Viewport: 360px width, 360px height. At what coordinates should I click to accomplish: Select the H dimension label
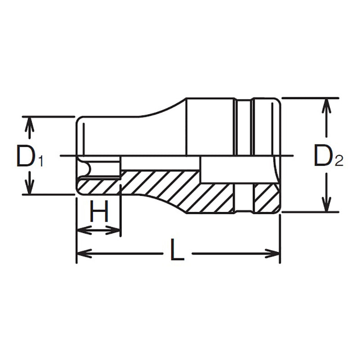pyautogui.click(x=99, y=211)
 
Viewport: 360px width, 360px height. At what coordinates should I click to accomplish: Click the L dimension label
pyautogui.click(x=177, y=251)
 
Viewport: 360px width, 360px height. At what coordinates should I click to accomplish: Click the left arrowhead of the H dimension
pyautogui.click(x=82, y=230)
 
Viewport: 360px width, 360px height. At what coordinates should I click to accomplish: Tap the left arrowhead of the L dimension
pyautogui.click(x=84, y=254)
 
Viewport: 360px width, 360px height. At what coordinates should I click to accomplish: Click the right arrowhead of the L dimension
pyautogui.click(x=273, y=254)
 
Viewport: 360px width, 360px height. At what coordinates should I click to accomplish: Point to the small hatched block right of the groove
pyautogui.click(x=265, y=198)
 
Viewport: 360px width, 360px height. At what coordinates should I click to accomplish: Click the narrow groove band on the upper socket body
pyautogui.click(x=243, y=126)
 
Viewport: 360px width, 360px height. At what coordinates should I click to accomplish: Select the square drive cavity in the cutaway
pyautogui.click(x=238, y=170)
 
